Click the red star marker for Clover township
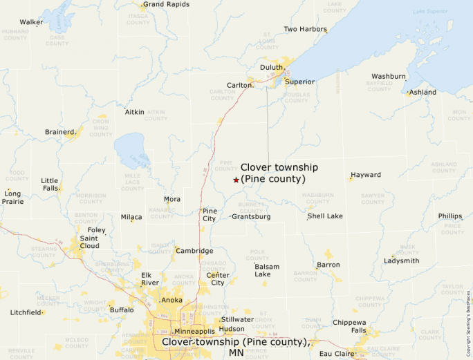point(236,180)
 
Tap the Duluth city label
point(272,67)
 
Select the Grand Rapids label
point(166,4)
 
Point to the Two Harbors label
point(304,29)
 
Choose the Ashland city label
point(423,92)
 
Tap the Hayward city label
point(365,175)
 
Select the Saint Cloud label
point(89,242)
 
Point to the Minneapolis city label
point(194,331)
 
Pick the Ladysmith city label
point(401,260)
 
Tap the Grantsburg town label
point(251,216)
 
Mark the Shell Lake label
point(325,216)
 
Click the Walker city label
point(31,22)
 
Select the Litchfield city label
point(26,312)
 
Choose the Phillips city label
point(449,216)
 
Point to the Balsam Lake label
point(267,270)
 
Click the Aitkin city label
point(134,111)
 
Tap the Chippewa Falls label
point(349,326)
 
